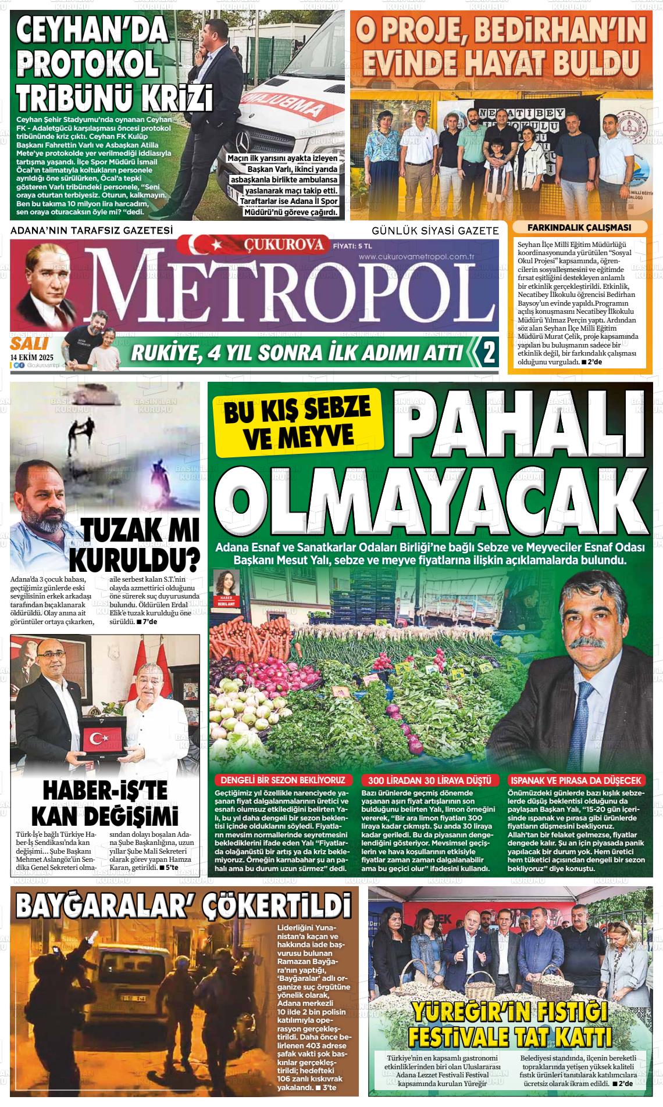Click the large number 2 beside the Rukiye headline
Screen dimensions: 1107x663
(489, 352)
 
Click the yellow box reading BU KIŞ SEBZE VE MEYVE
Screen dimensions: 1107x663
(297, 421)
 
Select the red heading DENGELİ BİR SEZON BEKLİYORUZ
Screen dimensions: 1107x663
(283, 780)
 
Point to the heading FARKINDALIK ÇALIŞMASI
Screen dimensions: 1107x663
(579, 228)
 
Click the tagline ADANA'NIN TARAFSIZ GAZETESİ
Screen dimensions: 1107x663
(92, 231)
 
